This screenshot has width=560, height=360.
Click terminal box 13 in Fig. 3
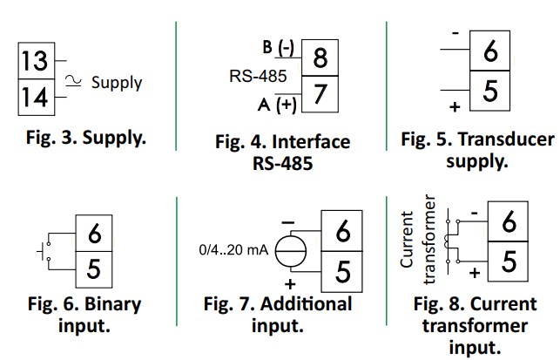point(36,63)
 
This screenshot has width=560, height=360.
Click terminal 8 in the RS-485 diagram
point(319,59)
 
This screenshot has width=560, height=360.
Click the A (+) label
point(276,106)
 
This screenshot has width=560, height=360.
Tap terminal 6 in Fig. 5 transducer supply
point(490,52)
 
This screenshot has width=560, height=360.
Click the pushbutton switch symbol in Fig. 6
point(46,252)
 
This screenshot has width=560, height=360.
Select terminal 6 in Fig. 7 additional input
point(342,232)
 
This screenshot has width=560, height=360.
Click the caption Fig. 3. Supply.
point(84,137)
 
